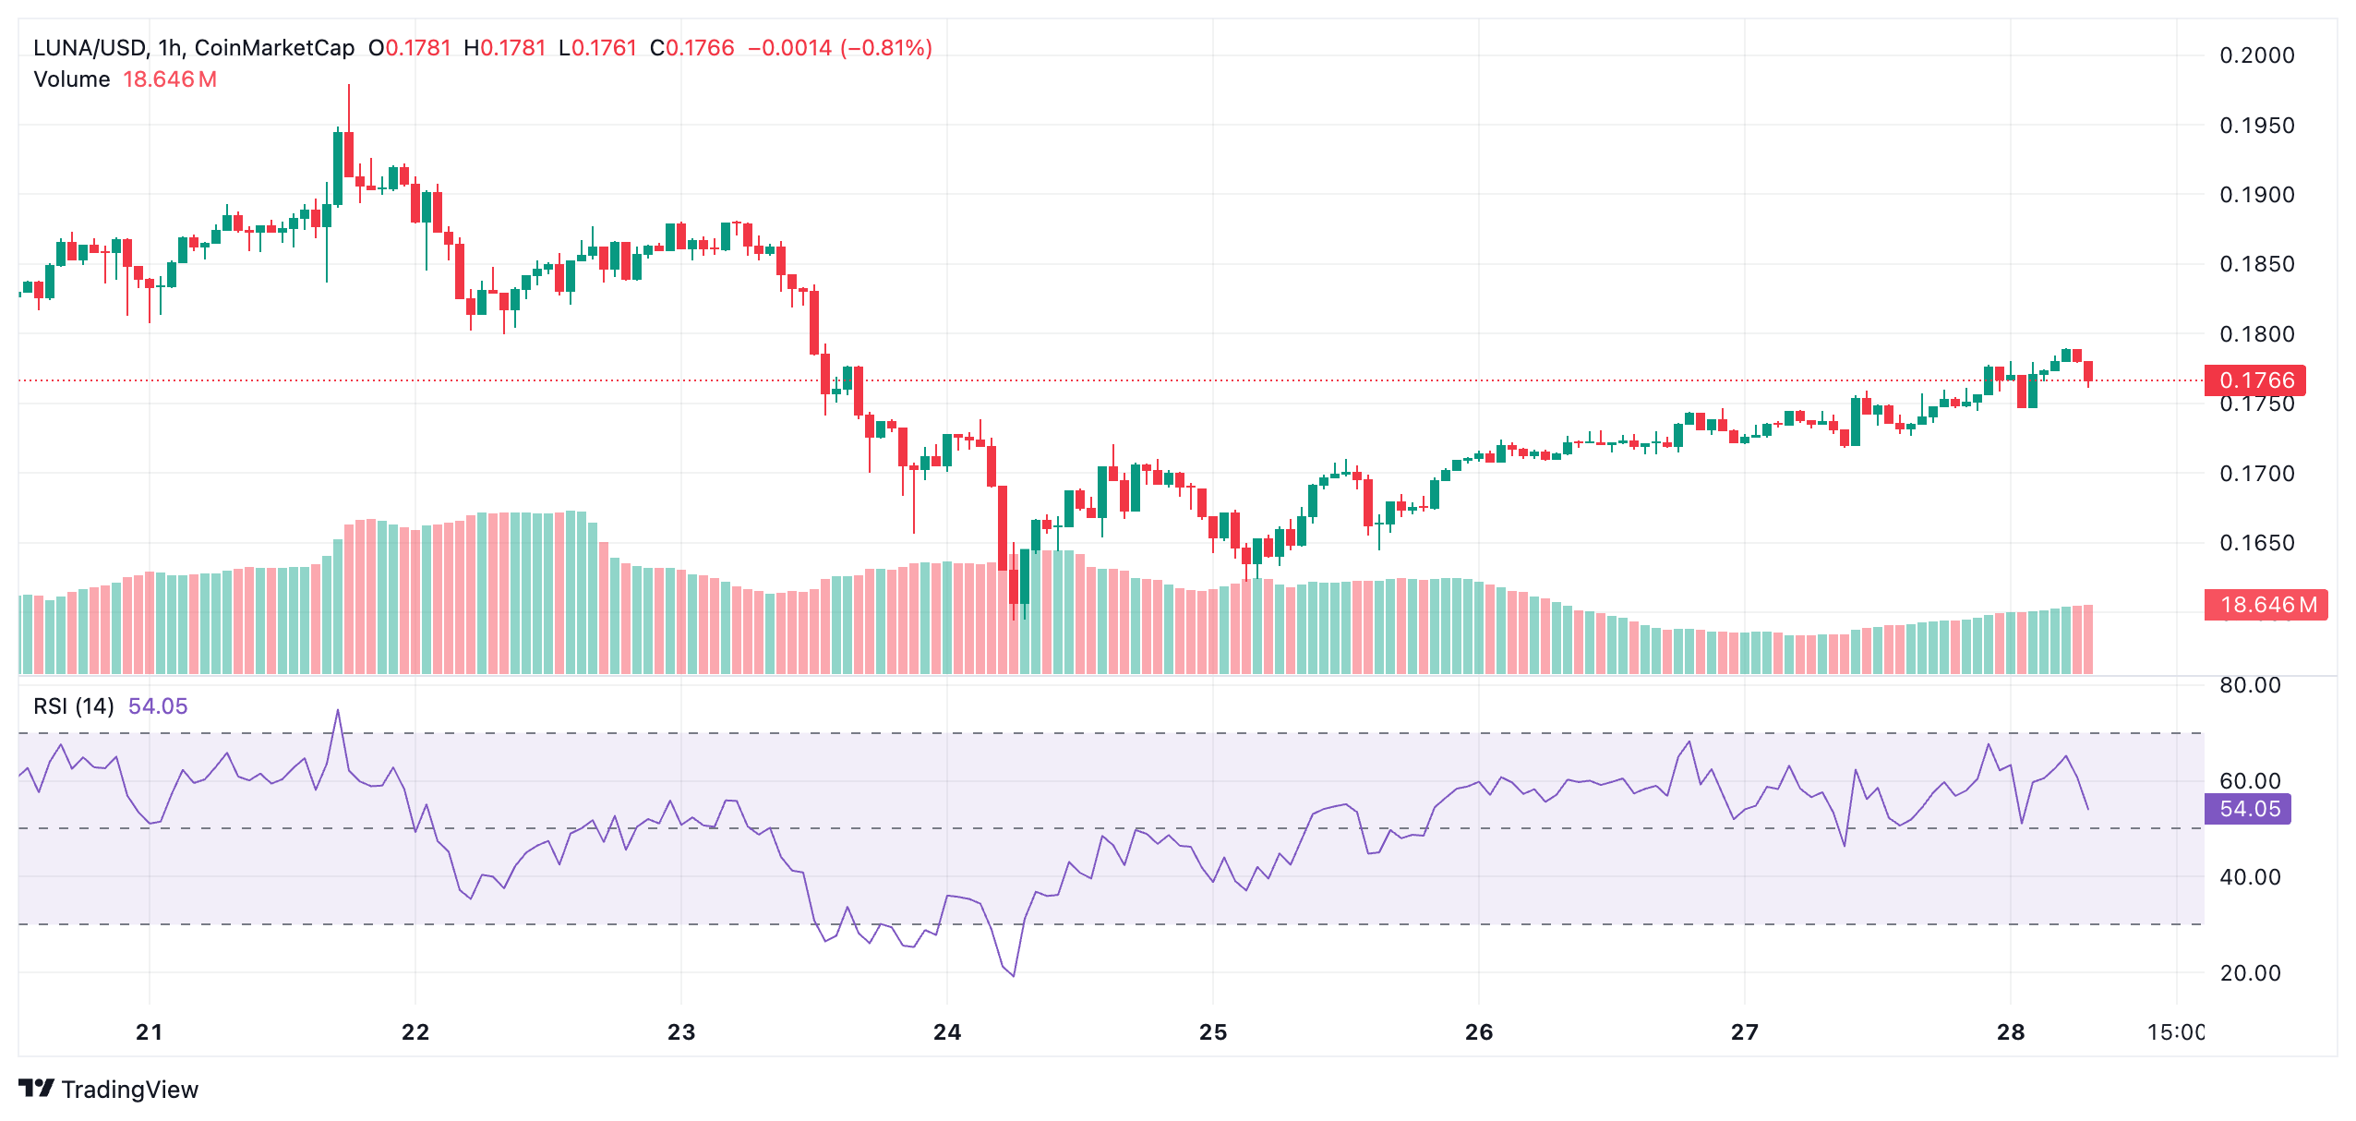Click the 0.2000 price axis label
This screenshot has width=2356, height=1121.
[2256, 55]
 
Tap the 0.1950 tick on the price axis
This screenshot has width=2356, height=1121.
[2256, 126]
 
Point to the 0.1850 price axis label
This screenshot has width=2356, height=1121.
[2256, 264]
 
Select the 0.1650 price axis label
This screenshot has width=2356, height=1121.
[2256, 543]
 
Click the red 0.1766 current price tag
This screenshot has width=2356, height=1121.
[2254, 380]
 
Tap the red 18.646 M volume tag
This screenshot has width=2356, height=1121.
[2266, 605]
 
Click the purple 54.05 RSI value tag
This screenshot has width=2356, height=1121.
[2248, 809]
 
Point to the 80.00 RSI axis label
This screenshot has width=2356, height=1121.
[2249, 685]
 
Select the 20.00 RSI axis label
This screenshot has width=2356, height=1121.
[2249, 972]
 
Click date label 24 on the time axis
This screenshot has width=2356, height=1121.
[947, 1032]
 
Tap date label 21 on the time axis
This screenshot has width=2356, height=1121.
[150, 1032]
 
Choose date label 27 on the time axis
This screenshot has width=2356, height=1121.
[1745, 1032]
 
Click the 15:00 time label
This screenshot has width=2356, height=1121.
[2175, 1032]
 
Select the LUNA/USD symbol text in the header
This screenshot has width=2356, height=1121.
[89, 48]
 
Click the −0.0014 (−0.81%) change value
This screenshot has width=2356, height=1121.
[839, 48]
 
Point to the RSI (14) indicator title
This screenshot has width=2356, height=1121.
[74, 706]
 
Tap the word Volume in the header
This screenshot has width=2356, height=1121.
[72, 79]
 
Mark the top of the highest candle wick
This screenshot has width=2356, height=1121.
[349, 85]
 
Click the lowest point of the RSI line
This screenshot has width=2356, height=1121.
[1014, 976]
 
